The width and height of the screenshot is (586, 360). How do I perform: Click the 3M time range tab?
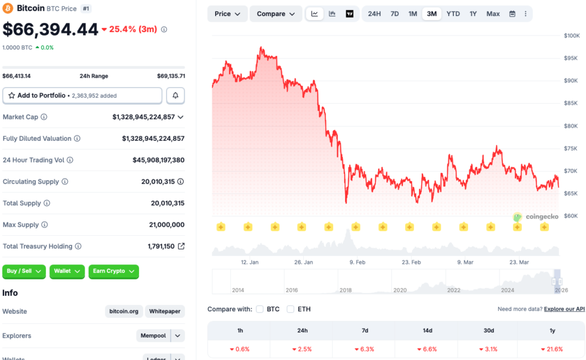coord(431,14)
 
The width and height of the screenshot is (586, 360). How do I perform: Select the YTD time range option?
coord(453,14)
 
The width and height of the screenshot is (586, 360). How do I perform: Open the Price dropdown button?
coord(227,14)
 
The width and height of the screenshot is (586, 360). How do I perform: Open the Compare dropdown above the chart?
coord(276,14)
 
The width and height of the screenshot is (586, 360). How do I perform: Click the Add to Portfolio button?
coord(82,96)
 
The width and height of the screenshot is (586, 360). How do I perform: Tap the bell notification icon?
coord(175,96)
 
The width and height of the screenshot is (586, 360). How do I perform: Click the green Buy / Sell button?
coord(24,271)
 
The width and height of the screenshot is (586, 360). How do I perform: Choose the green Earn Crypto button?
coord(113,271)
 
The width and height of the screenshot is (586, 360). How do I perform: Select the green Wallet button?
coord(67,271)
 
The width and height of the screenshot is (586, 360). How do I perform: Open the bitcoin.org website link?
coord(124,311)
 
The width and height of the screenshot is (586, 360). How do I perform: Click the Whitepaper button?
coord(165,311)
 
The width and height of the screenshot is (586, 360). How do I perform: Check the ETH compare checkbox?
coord(290,309)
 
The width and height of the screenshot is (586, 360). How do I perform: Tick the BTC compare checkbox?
coord(260,309)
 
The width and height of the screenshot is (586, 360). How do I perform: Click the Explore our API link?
coord(564,309)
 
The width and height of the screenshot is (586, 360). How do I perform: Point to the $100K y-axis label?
coord(572,35)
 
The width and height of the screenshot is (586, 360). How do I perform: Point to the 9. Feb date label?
coord(357,262)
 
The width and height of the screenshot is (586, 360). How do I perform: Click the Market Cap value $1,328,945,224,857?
coord(144,117)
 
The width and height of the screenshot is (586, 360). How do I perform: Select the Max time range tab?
coord(493,14)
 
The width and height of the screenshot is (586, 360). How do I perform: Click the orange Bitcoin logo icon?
coord(8,9)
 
